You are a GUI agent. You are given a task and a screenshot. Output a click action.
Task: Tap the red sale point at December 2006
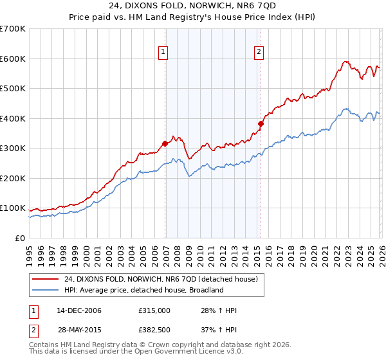[x=165, y=143]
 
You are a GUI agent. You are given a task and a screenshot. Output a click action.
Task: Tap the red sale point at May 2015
[x=261, y=123]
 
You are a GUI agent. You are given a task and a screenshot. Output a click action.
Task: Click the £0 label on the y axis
[x=21, y=238]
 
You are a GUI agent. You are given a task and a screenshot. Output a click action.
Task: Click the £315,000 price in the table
[x=154, y=310]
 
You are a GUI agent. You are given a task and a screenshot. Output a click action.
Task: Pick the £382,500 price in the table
[x=154, y=330]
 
